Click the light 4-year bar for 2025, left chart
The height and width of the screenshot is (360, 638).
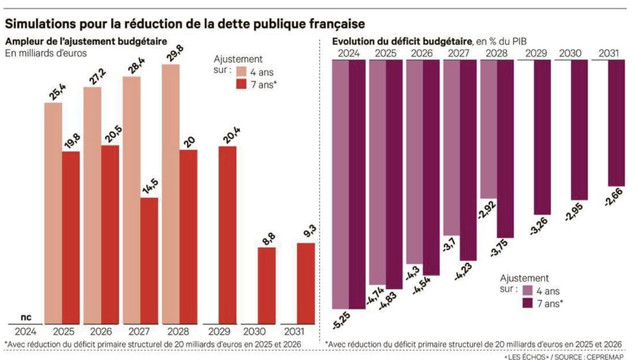tap(53, 213)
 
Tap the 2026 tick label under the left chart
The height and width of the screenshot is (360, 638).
tap(101, 331)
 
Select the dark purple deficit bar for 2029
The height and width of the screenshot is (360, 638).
tap(542, 137)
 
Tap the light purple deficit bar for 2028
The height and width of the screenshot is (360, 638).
tap(488, 129)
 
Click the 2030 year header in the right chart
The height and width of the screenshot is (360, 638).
tap(571, 53)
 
